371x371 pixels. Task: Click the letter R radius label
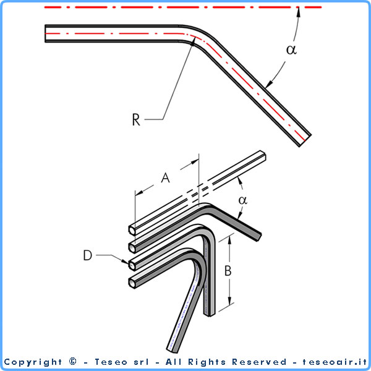click(136, 119)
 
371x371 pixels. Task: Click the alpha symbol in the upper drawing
click(291, 49)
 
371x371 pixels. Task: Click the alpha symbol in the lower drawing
click(243, 200)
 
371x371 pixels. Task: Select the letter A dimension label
click(165, 177)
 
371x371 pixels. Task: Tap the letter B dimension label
click(228, 271)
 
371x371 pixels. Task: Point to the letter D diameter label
click(88, 255)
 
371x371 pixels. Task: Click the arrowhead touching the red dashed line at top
click(299, 12)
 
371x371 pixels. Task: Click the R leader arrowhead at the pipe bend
click(194, 41)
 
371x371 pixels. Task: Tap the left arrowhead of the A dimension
click(139, 192)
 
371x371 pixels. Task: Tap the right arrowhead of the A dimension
click(195, 162)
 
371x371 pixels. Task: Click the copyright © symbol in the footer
click(73, 362)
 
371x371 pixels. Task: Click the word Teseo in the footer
click(111, 362)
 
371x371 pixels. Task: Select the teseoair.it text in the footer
click(335, 362)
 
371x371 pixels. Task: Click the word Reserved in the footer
click(259, 362)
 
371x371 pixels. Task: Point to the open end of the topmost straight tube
click(132, 230)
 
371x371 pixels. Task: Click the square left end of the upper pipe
click(45, 33)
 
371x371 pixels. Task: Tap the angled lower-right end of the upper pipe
click(305, 141)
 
